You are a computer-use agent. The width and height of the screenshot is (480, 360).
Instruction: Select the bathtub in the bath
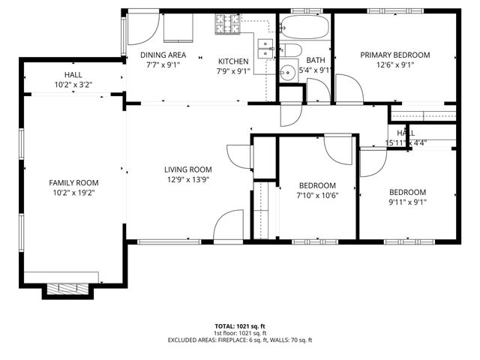304,28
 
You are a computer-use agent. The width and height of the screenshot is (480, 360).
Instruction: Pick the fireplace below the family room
67,288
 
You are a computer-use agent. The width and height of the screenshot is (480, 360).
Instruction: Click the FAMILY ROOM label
73,182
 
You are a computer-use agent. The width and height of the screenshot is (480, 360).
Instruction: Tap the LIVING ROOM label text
188,169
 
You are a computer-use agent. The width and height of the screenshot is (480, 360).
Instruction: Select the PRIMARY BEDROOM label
394,55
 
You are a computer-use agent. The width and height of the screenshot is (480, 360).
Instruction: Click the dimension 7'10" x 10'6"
316,196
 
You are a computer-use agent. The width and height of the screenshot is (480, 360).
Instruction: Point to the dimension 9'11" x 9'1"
407,201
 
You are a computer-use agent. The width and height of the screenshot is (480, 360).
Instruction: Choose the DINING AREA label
163,55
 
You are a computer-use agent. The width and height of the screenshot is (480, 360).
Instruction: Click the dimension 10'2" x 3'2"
73,85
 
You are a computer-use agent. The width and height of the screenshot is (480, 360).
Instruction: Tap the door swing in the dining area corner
141,28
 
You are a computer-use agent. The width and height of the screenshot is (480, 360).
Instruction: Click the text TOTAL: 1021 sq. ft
239,326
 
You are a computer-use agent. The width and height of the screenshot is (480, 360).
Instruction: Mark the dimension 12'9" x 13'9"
188,179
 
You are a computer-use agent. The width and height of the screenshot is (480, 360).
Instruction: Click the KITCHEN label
233,61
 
